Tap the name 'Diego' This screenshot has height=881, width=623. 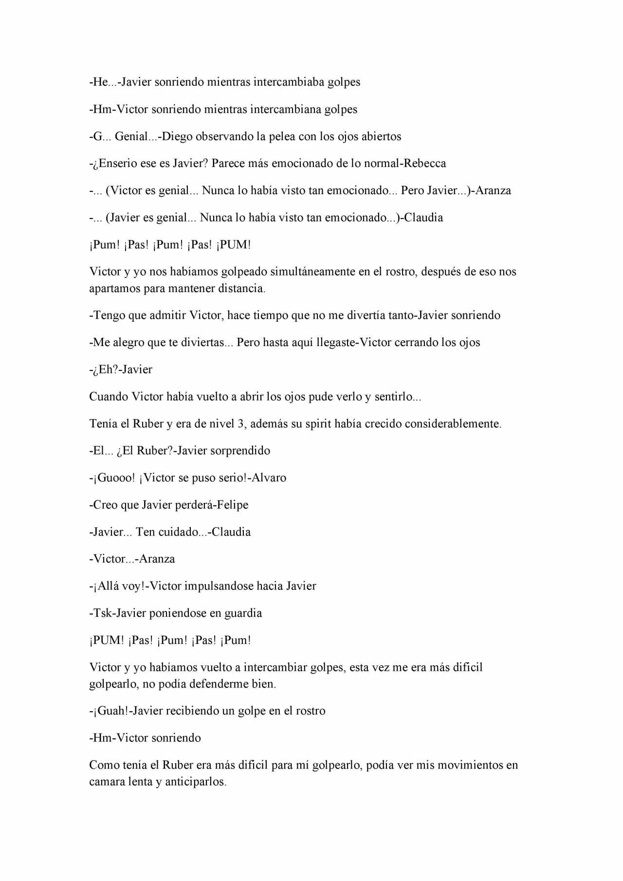(x=177, y=136)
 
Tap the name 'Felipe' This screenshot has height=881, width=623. (x=232, y=505)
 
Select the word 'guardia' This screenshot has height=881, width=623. (x=243, y=613)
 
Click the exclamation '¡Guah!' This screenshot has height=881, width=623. (x=110, y=711)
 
